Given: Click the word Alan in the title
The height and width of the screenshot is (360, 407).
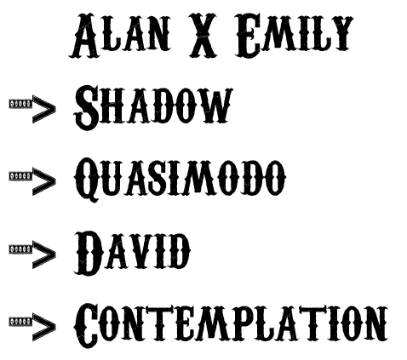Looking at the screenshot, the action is click(120, 36).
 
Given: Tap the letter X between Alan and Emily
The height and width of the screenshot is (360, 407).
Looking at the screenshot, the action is click(203, 36).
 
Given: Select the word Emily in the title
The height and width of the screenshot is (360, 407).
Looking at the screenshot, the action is click(294, 36).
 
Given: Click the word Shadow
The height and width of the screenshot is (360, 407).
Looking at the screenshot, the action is click(153, 107).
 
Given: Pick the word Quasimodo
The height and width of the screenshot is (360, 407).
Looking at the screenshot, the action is click(180, 180).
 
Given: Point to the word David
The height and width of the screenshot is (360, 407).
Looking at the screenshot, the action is click(132, 253).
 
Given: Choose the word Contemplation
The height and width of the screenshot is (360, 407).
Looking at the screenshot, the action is click(231, 325).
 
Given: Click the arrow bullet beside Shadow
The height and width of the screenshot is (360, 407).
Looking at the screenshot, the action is click(32, 109).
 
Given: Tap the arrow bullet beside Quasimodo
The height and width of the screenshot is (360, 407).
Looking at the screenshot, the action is click(32, 181).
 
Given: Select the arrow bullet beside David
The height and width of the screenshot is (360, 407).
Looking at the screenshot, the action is click(32, 254).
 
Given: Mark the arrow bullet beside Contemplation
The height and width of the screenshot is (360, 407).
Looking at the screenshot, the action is click(32, 327).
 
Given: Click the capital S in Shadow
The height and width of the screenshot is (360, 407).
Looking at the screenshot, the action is click(86, 107).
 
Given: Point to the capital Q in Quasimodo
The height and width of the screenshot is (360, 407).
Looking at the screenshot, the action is click(88, 180).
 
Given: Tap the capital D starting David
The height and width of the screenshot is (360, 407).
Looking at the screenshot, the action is click(89, 253).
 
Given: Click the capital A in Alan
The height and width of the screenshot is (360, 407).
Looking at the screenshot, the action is click(84, 36).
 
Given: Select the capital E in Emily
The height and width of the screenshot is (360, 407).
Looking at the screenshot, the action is click(249, 36).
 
